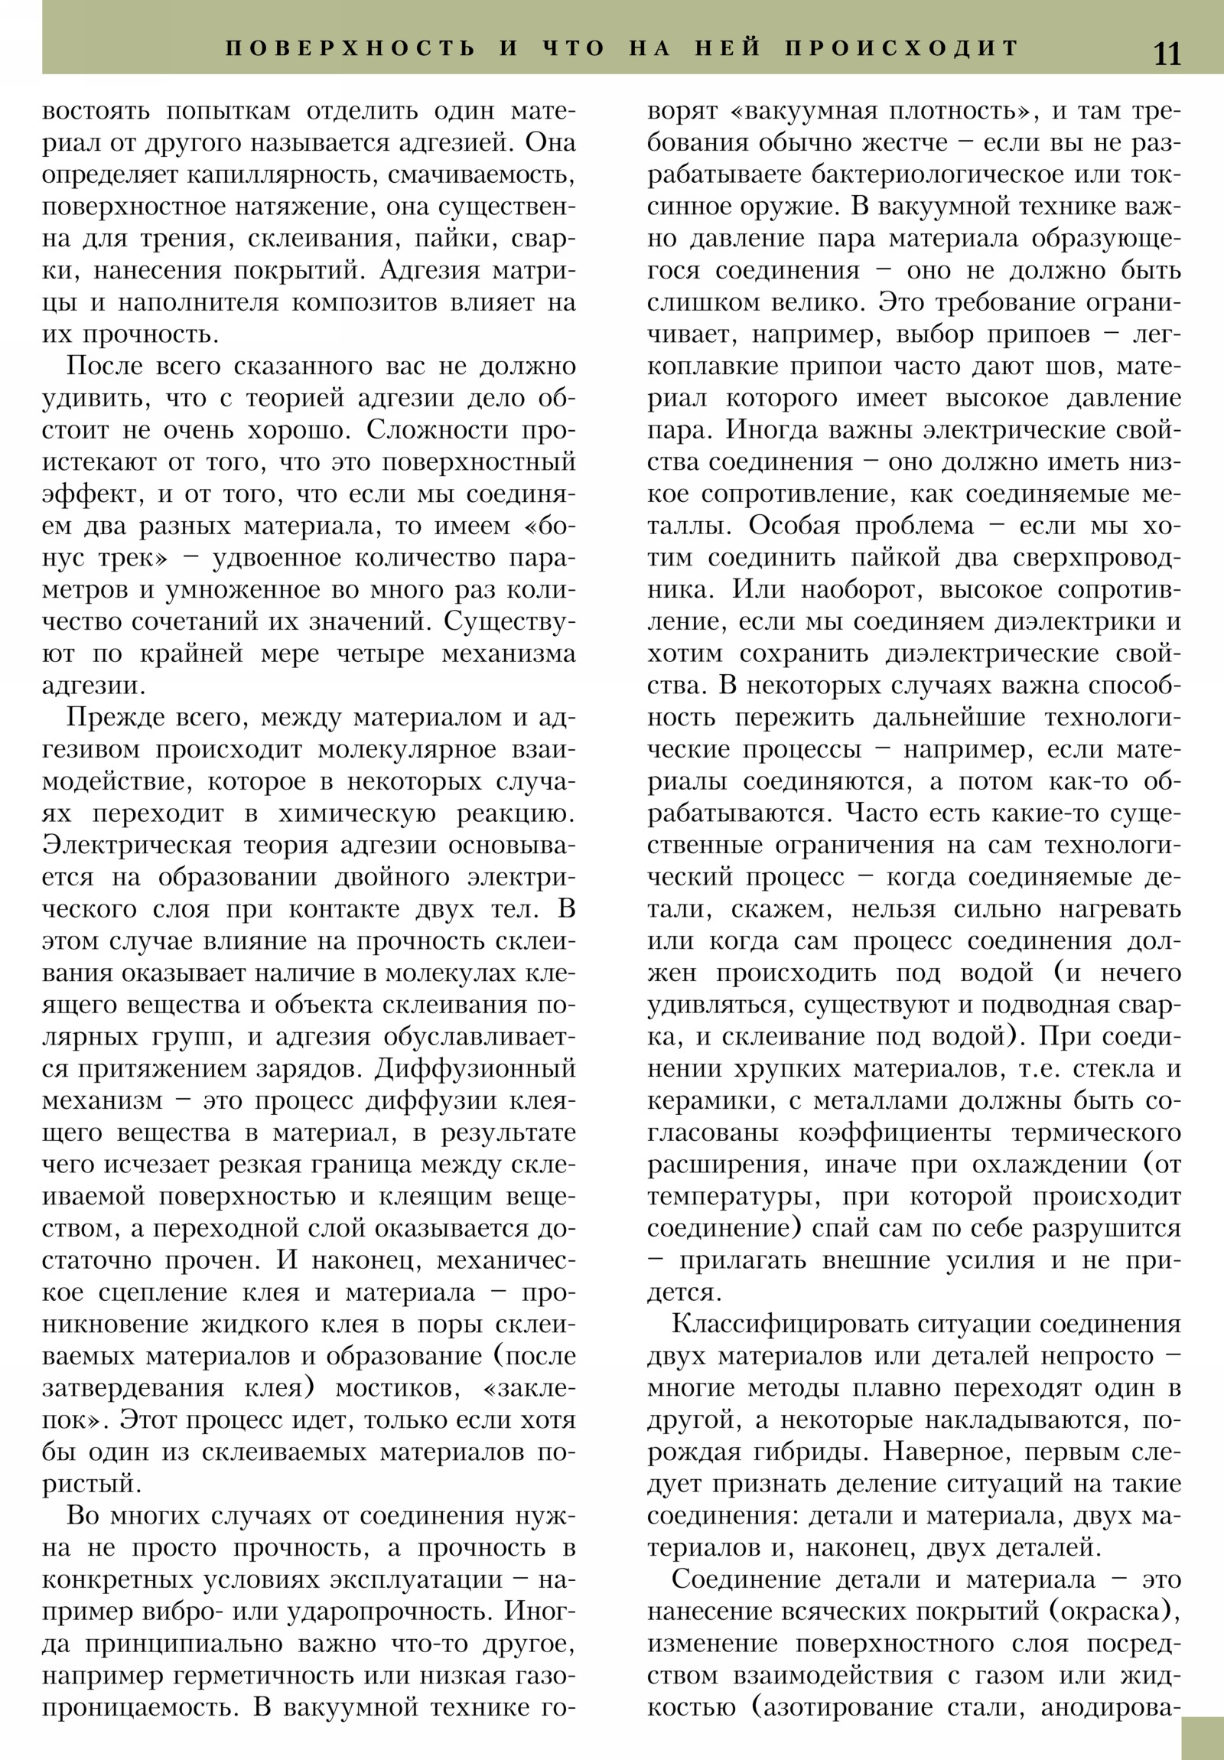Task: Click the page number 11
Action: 1167,54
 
